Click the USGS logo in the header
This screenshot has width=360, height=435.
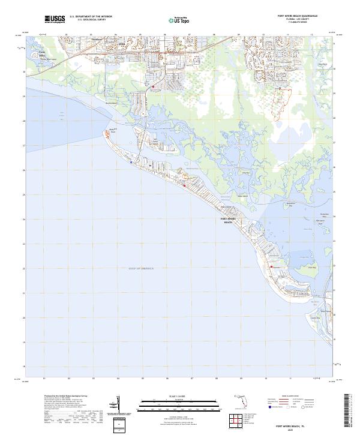click(x=55, y=19)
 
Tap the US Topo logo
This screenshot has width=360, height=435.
click(x=179, y=20)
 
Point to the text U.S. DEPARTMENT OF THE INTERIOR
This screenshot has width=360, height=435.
click(x=91, y=17)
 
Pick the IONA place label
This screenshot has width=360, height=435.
click(x=124, y=44)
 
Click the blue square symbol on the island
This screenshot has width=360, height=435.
click(x=130, y=161)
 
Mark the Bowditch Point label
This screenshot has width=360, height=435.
click(x=112, y=130)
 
